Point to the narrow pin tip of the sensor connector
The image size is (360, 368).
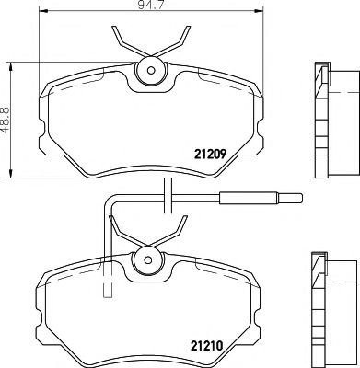[289, 196]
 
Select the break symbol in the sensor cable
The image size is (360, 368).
[167, 195]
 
